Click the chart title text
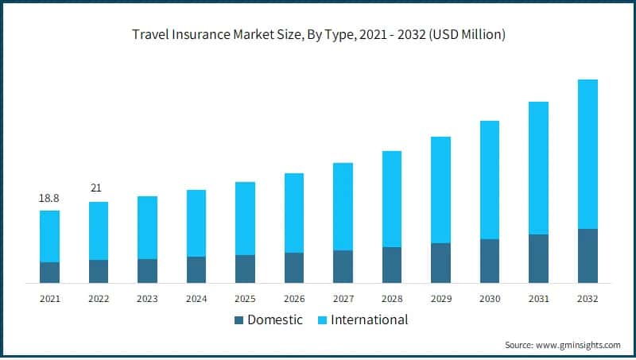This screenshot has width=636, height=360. point(318,34)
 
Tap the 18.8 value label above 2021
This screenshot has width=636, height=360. point(49,197)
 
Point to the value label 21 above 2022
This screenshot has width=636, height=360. point(99,188)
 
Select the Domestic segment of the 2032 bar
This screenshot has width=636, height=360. point(588,255)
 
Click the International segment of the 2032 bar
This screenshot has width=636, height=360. point(588,154)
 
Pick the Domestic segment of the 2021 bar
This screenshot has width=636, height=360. point(49,272)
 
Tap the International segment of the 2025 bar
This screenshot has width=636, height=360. point(245,219)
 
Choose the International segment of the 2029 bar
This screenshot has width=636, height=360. point(440,190)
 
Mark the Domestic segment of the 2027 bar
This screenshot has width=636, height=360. point(343,266)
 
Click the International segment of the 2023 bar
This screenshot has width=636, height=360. point(147,227)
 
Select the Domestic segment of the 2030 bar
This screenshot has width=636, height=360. point(490,261)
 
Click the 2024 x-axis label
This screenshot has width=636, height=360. point(196,299)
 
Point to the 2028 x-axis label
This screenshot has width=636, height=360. point(392,299)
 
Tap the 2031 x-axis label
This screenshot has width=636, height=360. point(538,299)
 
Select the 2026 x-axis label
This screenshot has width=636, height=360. point(294,299)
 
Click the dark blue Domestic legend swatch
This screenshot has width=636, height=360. point(238,320)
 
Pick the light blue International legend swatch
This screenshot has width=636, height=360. point(322,320)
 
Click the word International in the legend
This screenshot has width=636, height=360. point(369,320)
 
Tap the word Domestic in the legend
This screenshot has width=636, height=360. point(275,320)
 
